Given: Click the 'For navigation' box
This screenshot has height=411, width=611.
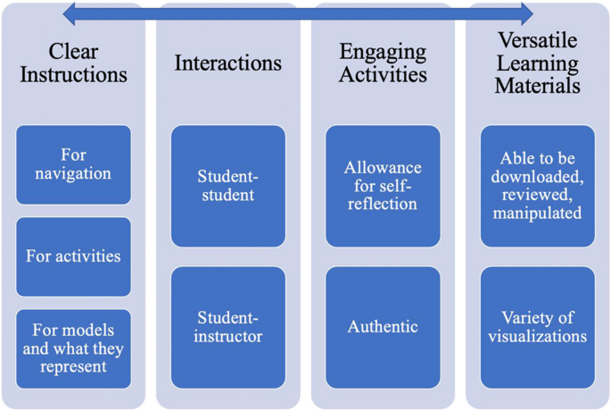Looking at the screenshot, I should click(73, 165).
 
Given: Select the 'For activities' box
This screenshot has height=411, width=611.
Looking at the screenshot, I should click(73, 256).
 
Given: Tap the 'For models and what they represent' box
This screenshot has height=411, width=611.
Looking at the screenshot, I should click(73, 348).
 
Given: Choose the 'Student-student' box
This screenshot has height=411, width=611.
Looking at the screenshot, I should click(228, 186).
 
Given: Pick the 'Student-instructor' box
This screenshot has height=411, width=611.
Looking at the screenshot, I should click(228, 327).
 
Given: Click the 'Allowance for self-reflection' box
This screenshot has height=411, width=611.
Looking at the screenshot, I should click(383, 186).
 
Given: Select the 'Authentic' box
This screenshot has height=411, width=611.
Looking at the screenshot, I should click(383, 327).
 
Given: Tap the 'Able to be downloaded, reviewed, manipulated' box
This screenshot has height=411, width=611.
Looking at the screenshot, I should click(538, 186).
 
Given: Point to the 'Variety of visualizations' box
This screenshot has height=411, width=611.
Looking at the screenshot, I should click(538, 327).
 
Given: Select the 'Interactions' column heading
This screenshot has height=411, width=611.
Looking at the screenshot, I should click(228, 63).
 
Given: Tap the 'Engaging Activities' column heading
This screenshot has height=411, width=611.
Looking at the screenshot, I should click(383, 63).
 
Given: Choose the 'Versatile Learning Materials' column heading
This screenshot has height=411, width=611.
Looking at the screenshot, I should click(538, 63).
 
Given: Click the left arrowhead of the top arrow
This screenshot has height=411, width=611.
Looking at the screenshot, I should click(70, 13).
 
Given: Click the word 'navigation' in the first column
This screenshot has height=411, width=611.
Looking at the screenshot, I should click(73, 174).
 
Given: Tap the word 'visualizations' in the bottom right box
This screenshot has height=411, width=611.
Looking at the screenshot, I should click(538, 337).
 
